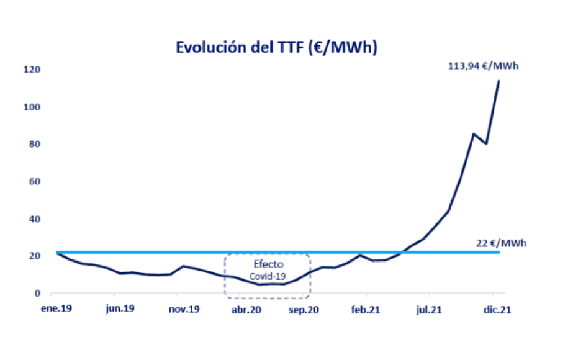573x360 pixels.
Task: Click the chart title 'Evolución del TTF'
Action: (x=276, y=48)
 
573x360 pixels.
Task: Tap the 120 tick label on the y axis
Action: (x=32, y=70)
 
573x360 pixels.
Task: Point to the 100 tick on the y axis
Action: (x=32, y=107)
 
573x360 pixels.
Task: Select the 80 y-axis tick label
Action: (x=34, y=144)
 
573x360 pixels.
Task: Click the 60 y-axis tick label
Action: (x=34, y=181)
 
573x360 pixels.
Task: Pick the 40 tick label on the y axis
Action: (x=34, y=218)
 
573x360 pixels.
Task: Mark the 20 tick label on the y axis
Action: (x=34, y=256)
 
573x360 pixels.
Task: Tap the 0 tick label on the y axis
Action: (x=37, y=293)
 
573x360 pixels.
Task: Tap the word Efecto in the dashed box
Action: (x=268, y=264)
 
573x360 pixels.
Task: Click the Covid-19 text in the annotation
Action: (x=268, y=276)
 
